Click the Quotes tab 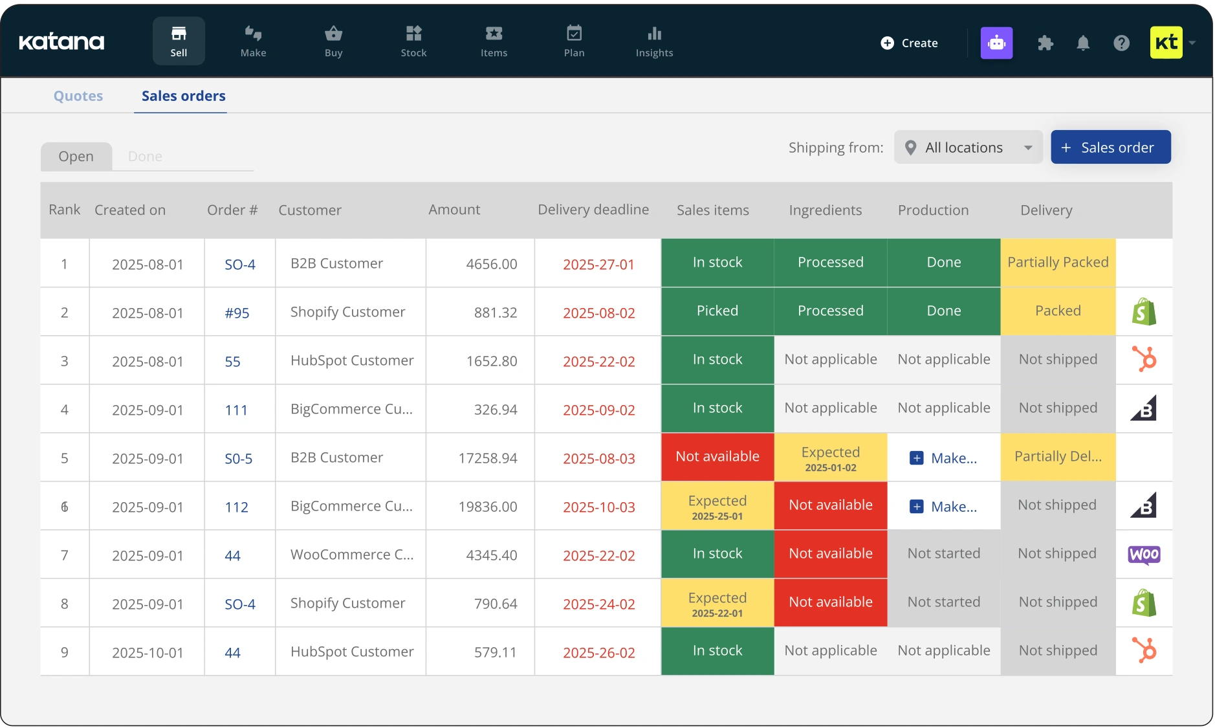click(x=78, y=96)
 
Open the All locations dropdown click(x=968, y=148)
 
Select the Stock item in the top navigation click(x=413, y=41)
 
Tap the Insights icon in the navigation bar click(x=654, y=34)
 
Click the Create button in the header click(x=909, y=43)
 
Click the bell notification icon click(x=1083, y=43)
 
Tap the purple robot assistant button click(x=996, y=43)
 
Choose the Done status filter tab click(x=145, y=157)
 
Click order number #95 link click(x=237, y=313)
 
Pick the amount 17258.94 click(x=487, y=458)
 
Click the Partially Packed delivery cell click(x=1058, y=262)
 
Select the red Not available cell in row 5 click(x=717, y=457)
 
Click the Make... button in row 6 click(x=944, y=507)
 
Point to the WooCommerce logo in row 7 click(x=1144, y=555)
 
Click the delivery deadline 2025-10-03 click(x=598, y=507)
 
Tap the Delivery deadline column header click(x=593, y=210)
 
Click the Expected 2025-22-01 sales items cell click(x=717, y=603)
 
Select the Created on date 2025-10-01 click(x=148, y=653)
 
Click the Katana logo click(x=61, y=42)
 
